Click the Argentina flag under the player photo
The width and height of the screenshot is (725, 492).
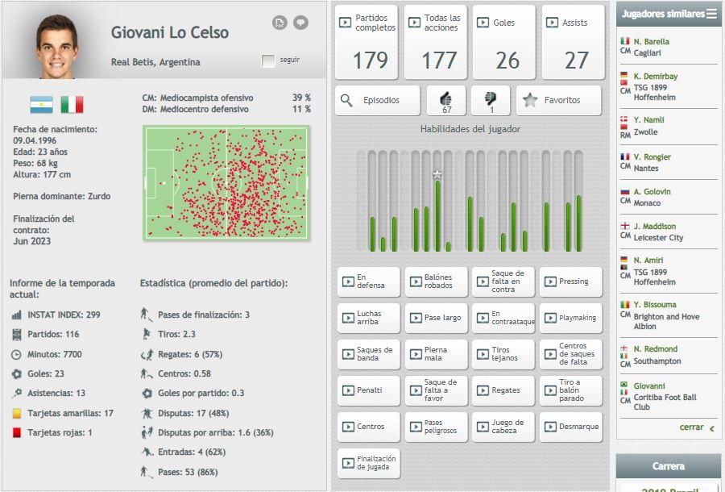tap(41, 105)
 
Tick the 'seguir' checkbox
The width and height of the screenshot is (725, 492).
tap(268, 60)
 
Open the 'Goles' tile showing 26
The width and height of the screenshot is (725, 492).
tap(503, 42)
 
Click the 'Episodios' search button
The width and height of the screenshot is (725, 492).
tap(378, 101)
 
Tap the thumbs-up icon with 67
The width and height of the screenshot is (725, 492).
tap(446, 100)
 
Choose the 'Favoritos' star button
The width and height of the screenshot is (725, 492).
tap(558, 101)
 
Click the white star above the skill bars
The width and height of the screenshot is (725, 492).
tap(437, 173)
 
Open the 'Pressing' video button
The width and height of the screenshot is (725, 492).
tap(570, 281)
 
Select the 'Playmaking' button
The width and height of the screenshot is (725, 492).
tap(570, 318)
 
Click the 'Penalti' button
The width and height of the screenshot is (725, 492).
tap(368, 390)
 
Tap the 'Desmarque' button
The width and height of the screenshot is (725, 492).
tap(570, 427)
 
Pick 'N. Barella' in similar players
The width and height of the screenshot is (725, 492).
tap(651, 41)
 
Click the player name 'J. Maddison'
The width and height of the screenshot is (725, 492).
tap(654, 227)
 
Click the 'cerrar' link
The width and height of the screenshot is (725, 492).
tap(691, 427)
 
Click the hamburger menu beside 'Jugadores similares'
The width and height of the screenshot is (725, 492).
tap(711, 14)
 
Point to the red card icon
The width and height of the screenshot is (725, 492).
tap(16, 432)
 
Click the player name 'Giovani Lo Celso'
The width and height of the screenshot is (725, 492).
tap(170, 33)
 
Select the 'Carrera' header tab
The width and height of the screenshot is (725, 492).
tap(668, 466)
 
